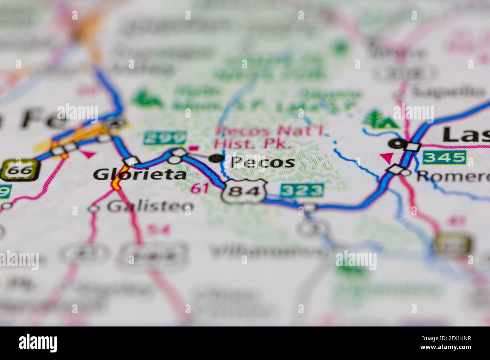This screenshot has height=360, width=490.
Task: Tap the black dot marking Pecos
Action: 216,159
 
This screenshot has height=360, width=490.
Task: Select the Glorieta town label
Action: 140,174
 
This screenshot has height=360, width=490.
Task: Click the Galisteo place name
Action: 150,206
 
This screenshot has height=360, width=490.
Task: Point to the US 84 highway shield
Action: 245,192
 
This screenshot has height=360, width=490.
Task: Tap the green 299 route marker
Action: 165,138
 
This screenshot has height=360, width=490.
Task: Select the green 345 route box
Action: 444,157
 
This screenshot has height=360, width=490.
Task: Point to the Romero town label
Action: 452,175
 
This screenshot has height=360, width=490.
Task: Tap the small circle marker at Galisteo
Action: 94,208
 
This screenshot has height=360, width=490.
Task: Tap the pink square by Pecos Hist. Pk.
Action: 195,148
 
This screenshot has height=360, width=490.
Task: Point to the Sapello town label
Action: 448,91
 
